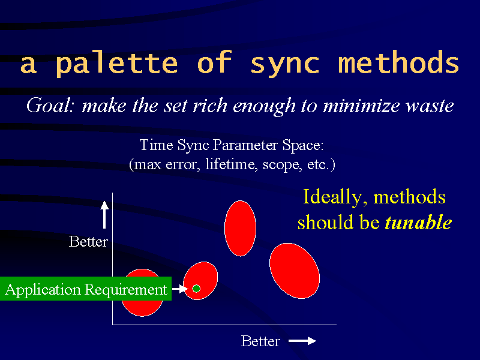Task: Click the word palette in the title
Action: click(116, 63)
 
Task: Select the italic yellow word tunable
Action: click(418, 222)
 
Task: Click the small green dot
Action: click(196, 289)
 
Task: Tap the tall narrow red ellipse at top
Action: click(241, 229)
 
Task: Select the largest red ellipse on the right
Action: click(295, 271)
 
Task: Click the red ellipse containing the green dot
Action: click(200, 281)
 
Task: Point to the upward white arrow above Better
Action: click(104, 215)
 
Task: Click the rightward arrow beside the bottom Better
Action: click(302, 341)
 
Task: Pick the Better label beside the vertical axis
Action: click(88, 242)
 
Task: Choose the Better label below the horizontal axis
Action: click(260, 341)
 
